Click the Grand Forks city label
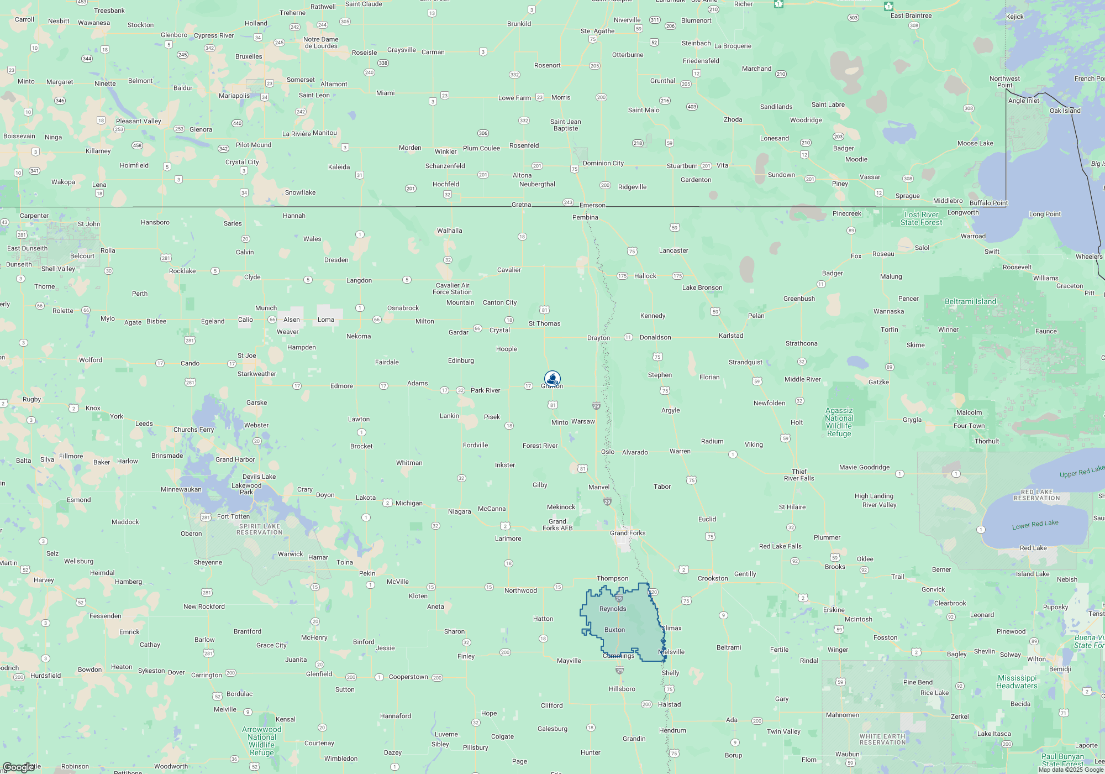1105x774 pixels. point(628,533)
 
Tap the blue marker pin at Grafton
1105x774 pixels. point(552,378)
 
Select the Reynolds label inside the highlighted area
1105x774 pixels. point(613,609)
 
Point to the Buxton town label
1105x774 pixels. point(614,630)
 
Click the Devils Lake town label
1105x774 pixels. point(259,477)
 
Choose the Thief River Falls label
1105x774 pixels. point(799,475)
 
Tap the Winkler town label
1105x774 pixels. point(445,151)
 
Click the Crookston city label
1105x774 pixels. point(713,578)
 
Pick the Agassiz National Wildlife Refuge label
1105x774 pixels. point(839,422)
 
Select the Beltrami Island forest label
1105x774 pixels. point(970,301)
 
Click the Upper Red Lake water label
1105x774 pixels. point(1082,472)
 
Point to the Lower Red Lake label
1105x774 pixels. point(1035,524)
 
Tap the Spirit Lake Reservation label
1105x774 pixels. point(260,529)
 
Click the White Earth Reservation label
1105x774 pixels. point(882,739)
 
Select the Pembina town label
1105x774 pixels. point(585,217)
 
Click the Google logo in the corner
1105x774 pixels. point(18,767)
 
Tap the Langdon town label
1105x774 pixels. point(359,280)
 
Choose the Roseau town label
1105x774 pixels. point(883,254)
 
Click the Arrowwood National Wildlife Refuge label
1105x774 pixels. point(262,741)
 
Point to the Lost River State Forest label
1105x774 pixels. point(921,218)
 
